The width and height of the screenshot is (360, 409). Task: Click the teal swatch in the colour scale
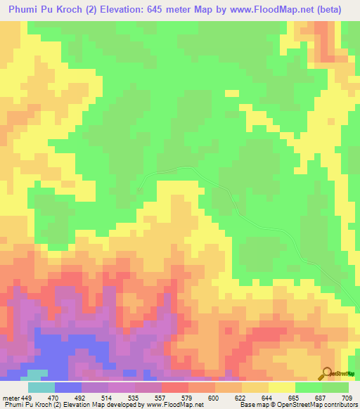point(41,387)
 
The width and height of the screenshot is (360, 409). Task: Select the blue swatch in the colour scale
point(68,387)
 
